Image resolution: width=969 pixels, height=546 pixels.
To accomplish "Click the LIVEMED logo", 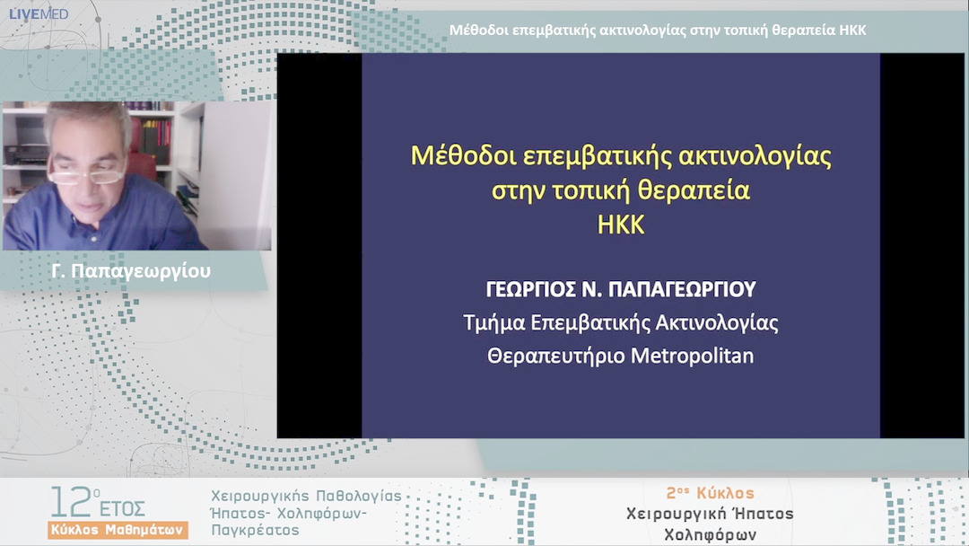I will [x=38, y=13].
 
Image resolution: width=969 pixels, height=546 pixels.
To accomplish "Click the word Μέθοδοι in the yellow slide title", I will [x=452, y=155].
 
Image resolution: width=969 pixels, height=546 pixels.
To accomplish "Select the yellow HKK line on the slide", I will [x=621, y=225].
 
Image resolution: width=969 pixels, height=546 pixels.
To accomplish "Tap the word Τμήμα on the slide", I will [x=492, y=322].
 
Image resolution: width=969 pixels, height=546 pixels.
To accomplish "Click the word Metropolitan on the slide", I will [x=693, y=356].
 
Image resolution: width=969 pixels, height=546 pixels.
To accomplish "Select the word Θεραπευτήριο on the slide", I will [x=556, y=356].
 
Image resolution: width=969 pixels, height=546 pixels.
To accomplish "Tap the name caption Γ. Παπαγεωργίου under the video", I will [x=132, y=270].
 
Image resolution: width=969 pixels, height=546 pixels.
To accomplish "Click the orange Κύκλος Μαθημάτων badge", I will [x=118, y=529].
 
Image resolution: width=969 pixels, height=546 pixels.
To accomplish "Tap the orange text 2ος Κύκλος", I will [x=710, y=493].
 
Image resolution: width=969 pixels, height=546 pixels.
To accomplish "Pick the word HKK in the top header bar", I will [x=851, y=31].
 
